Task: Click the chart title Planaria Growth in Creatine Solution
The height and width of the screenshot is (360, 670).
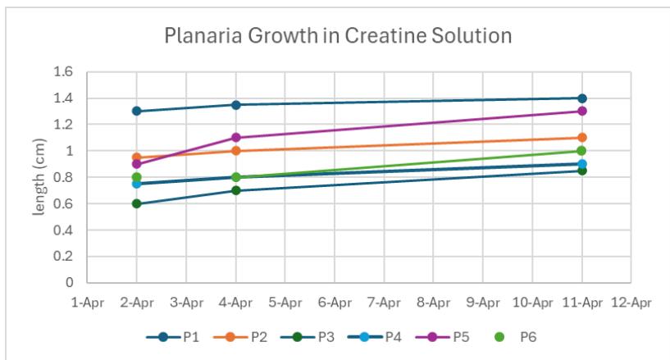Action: (x=338, y=36)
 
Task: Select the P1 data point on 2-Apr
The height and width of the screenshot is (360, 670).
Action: (x=137, y=111)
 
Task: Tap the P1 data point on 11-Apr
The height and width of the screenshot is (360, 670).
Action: (x=582, y=98)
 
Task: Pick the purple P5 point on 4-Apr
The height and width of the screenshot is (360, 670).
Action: (x=236, y=138)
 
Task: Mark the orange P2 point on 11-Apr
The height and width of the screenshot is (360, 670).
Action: (x=582, y=138)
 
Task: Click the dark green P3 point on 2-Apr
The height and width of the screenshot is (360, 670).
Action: (x=137, y=203)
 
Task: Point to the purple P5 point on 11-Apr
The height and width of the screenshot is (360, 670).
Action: (x=582, y=111)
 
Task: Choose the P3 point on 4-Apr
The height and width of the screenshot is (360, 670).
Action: (x=236, y=190)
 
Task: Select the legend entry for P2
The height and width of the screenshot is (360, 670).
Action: (x=249, y=336)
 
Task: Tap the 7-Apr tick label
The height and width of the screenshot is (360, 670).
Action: (x=384, y=302)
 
